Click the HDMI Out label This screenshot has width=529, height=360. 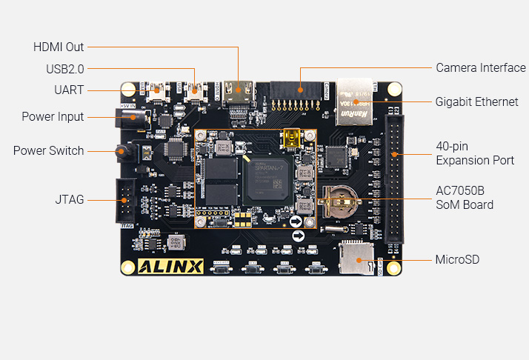point(59,47)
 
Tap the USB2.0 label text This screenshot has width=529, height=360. point(65,68)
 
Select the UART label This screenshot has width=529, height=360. point(70,90)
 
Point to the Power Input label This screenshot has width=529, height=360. point(53,116)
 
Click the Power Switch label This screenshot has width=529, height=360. point(48,150)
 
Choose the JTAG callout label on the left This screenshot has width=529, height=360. point(69,199)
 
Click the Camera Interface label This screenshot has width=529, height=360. point(481,68)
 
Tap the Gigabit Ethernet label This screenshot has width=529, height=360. point(476,101)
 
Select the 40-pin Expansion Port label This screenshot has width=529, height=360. point(475,153)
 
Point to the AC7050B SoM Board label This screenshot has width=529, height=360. point(465,197)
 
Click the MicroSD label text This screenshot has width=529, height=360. point(457,259)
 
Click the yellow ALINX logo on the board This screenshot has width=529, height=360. point(171,266)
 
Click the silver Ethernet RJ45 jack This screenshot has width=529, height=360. point(354,101)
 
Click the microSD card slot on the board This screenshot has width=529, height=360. point(356,256)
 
